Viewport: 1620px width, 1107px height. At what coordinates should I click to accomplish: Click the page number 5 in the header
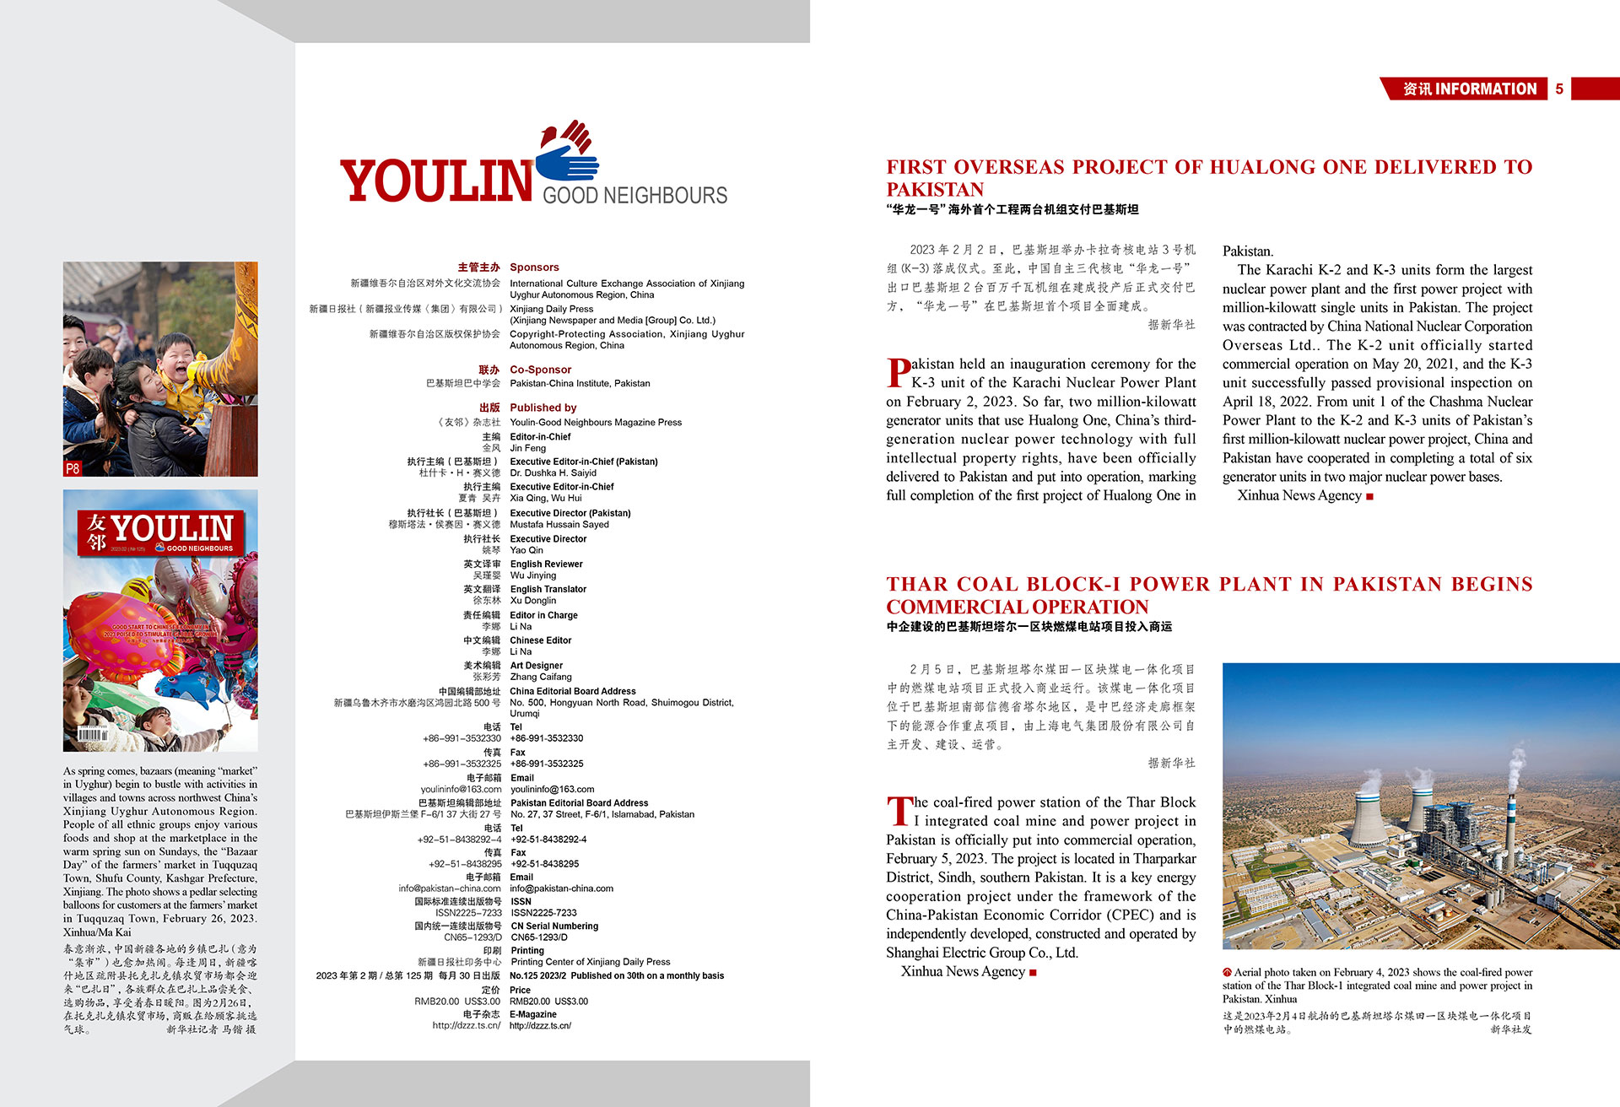point(1559,89)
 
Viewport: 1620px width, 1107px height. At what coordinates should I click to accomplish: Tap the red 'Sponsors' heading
point(534,267)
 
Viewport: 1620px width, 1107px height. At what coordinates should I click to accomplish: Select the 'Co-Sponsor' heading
point(540,370)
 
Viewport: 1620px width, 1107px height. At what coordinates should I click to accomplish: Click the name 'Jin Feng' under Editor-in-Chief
point(527,448)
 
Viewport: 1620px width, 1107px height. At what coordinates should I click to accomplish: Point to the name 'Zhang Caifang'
point(540,677)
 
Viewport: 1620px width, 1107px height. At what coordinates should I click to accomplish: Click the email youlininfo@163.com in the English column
point(552,790)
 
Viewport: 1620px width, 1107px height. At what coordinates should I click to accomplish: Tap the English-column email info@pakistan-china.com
point(561,888)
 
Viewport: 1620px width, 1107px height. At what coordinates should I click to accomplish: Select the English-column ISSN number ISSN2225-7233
point(543,913)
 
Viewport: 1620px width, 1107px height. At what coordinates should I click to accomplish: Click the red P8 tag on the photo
point(73,468)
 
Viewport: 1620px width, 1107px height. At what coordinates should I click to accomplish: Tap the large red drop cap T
point(899,811)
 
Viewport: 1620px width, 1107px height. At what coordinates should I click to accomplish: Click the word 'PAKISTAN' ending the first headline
point(935,190)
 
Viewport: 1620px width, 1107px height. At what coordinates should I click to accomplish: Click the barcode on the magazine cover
point(92,734)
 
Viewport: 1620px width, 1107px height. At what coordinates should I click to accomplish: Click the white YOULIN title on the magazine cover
point(172,528)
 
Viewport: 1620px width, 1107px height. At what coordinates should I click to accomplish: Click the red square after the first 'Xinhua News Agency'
point(1369,497)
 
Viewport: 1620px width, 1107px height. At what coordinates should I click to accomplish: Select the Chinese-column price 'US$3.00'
point(482,1002)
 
